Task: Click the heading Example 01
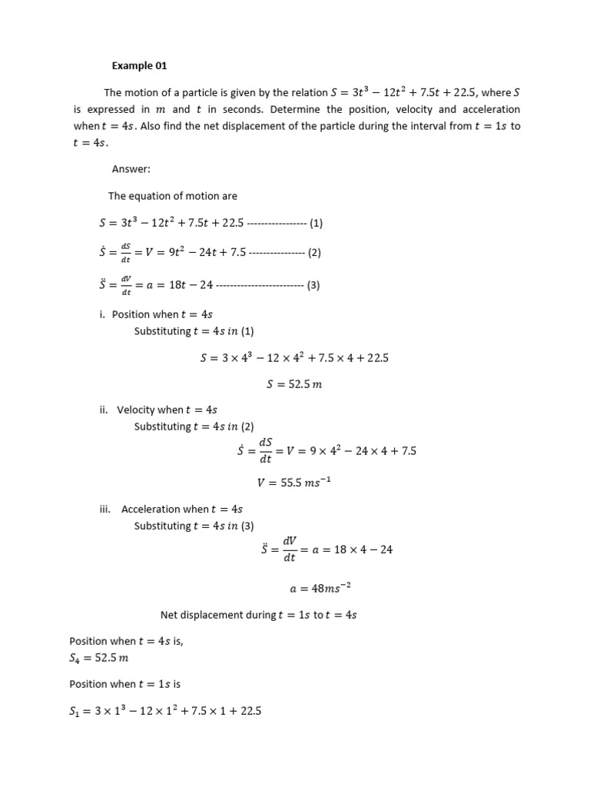pos(140,65)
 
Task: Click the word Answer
pos(131,169)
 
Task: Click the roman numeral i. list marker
pos(104,314)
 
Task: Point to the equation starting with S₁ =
pos(165,712)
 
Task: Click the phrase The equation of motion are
pos(173,196)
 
